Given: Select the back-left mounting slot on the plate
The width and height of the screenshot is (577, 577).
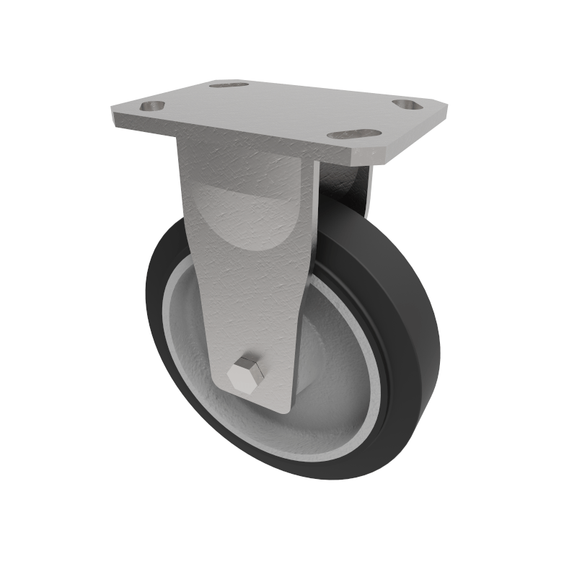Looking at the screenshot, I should point(229,85).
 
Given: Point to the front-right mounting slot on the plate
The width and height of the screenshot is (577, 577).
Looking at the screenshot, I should point(353,134).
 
